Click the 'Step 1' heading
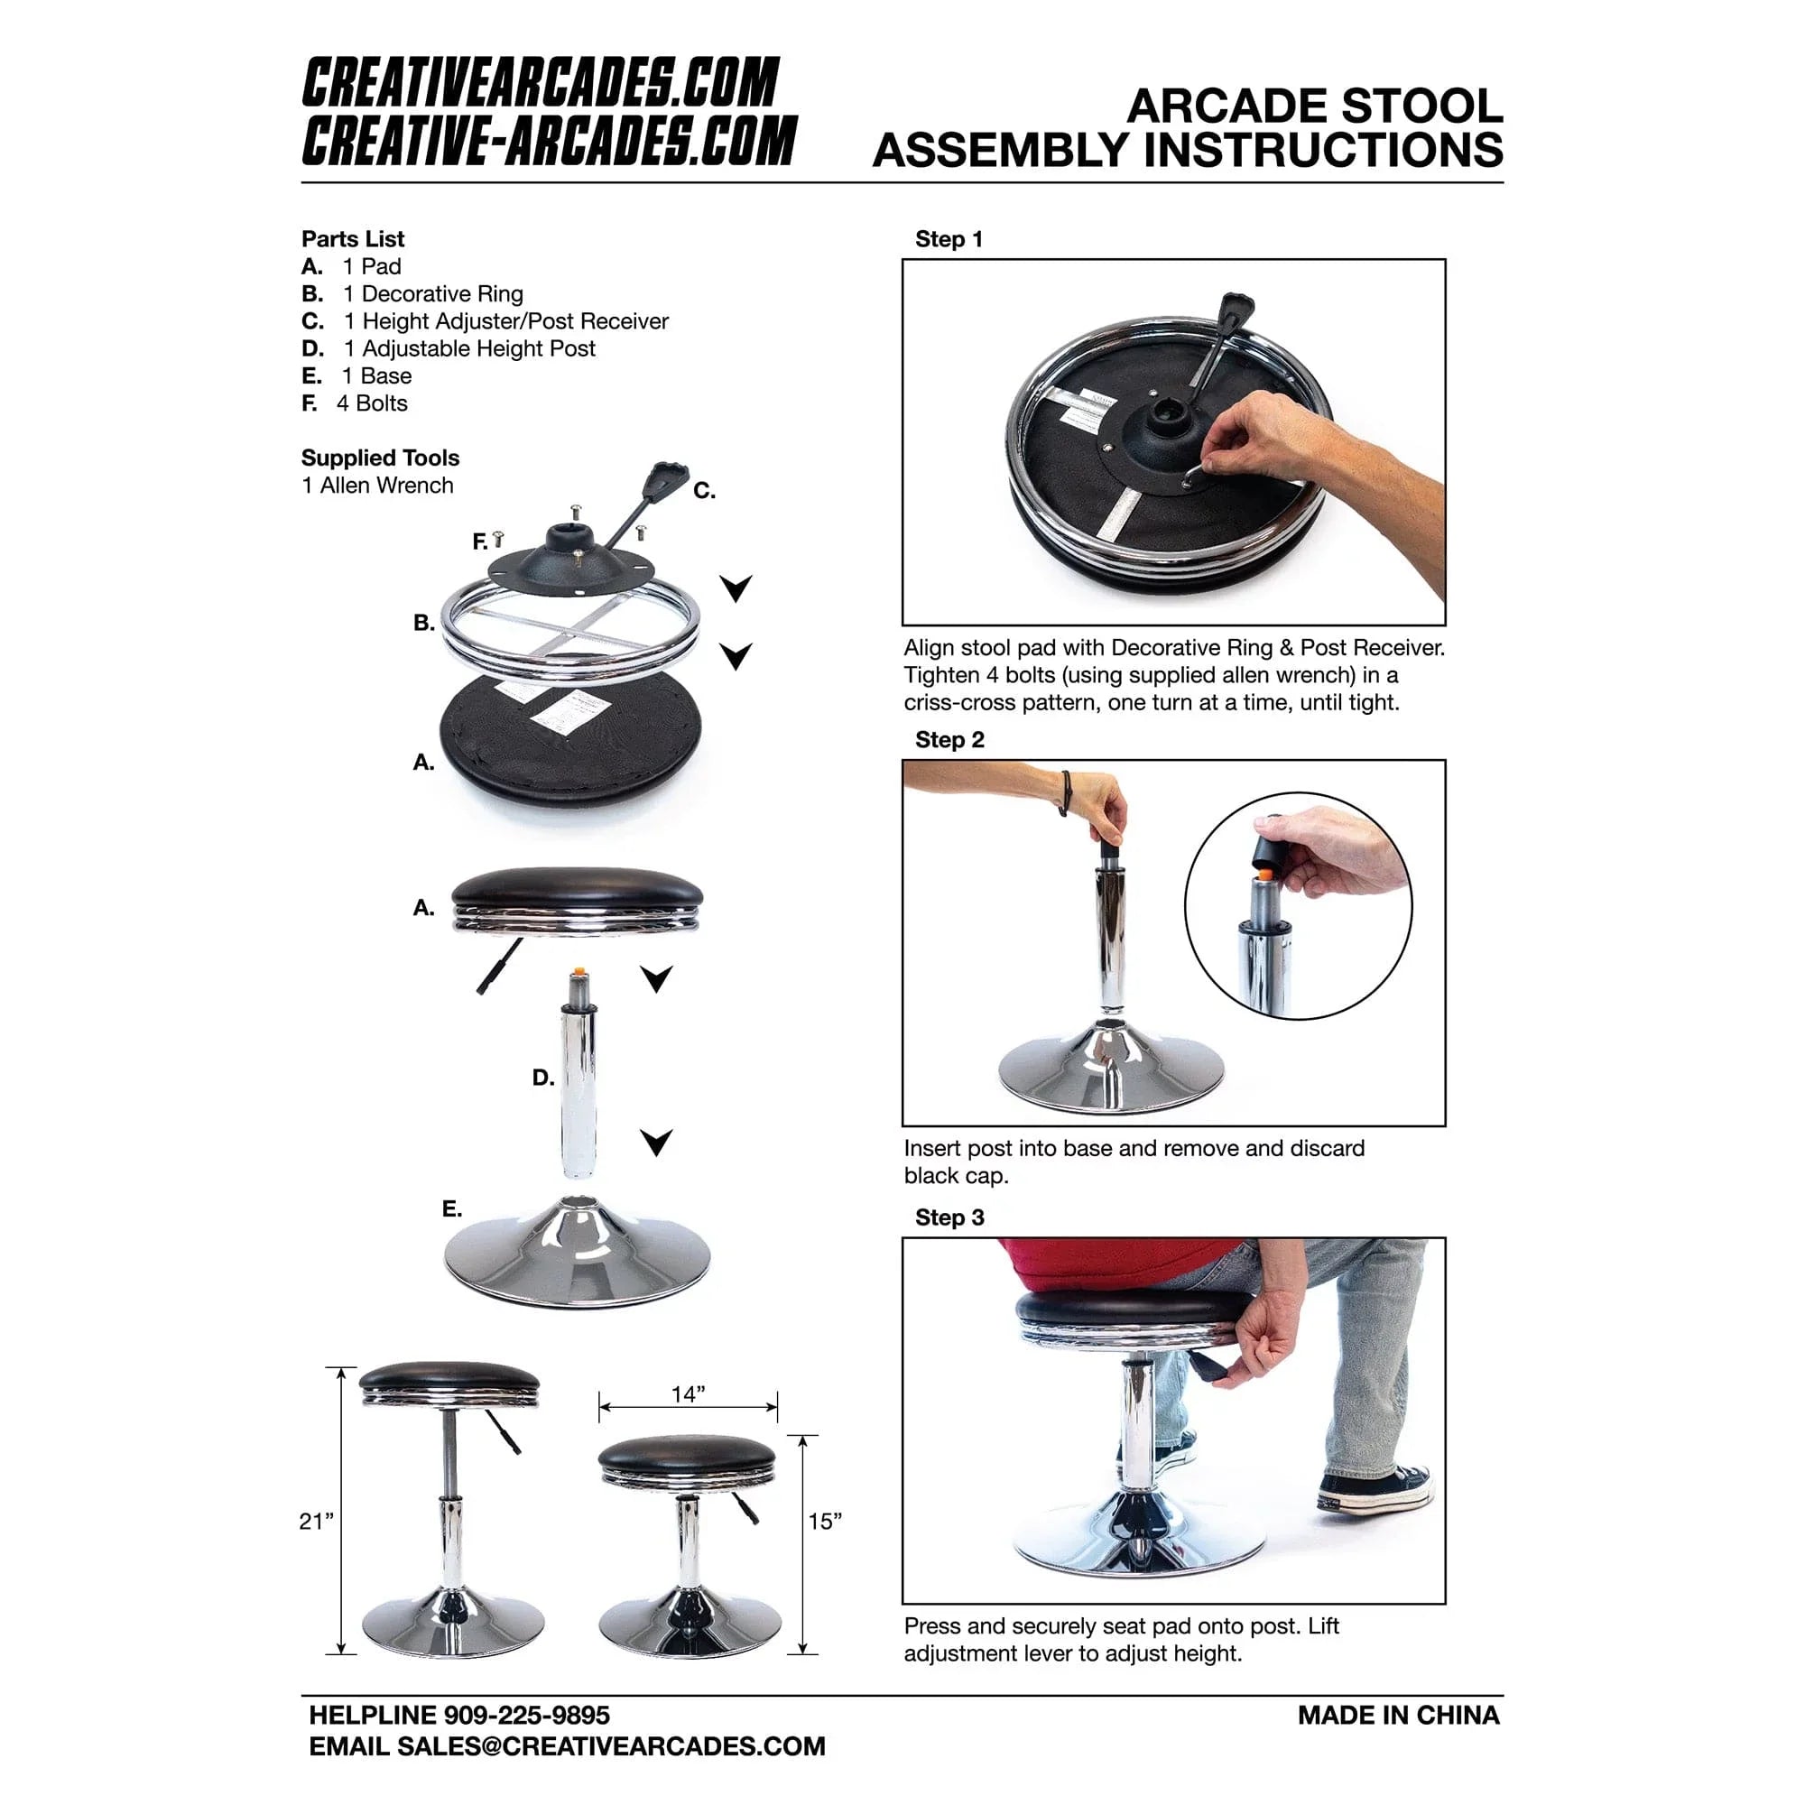tap(949, 239)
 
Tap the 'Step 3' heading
tap(949, 1217)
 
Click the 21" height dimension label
tap(315, 1522)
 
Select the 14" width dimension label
tap(688, 1394)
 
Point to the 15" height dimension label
tap(824, 1522)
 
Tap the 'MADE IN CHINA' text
tap(1398, 1716)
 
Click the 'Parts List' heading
tap(352, 239)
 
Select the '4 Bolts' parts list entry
tap(371, 403)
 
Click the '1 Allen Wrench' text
tap(377, 486)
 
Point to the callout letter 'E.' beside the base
tap(452, 1209)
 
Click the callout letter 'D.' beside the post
tap(542, 1078)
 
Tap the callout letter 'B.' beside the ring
tap(424, 622)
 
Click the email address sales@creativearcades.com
tap(611, 1746)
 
